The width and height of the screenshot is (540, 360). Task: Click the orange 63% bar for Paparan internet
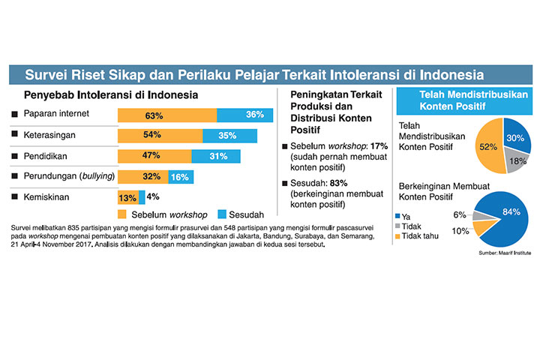[x=167, y=115]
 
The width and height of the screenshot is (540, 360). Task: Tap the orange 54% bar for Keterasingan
[x=160, y=135]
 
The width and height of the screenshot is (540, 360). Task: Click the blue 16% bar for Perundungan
[x=181, y=177]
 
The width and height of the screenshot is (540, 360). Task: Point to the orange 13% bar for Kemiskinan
[x=128, y=198]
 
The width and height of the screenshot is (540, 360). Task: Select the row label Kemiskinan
[x=46, y=197]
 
